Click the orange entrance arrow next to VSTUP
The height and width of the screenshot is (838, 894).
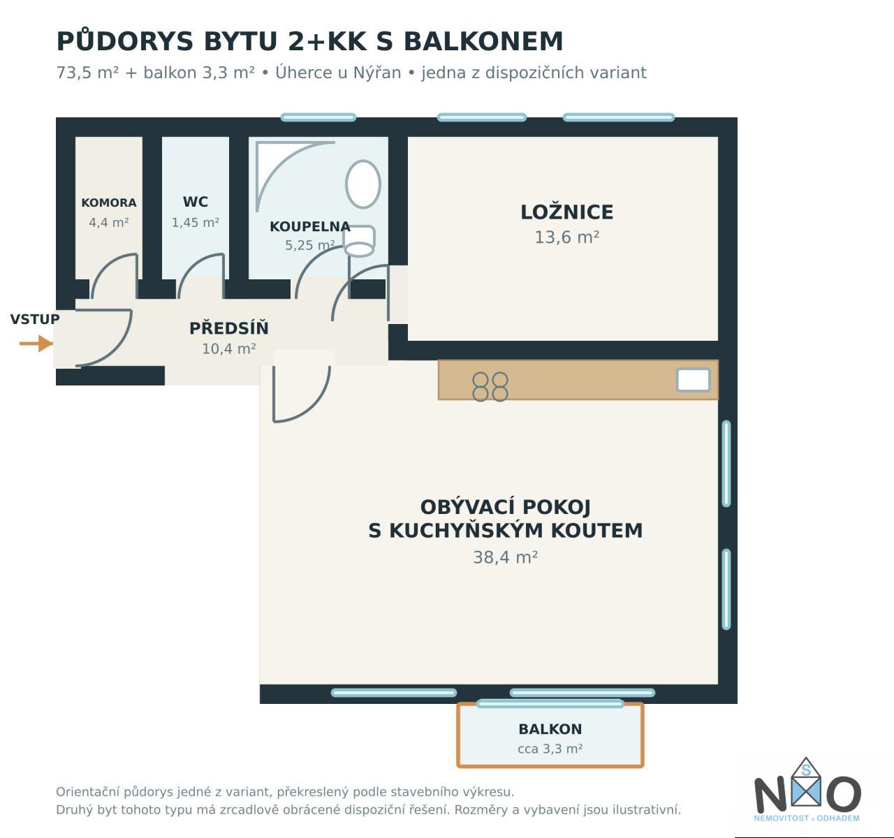click(36, 344)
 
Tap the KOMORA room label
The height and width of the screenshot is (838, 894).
click(109, 203)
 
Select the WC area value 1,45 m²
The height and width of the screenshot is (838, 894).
click(196, 223)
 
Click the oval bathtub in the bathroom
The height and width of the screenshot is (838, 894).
click(362, 184)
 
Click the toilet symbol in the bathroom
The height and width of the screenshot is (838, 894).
click(359, 241)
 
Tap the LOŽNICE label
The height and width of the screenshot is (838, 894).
click(566, 212)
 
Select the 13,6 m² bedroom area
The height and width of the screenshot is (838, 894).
click(566, 237)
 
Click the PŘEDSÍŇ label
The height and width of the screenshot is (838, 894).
click(228, 328)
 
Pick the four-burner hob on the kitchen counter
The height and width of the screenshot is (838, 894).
click(490, 387)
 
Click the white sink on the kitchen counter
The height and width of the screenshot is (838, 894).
click(694, 380)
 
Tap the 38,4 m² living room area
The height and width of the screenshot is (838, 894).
click(505, 557)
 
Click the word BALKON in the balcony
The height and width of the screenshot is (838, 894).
click(550, 729)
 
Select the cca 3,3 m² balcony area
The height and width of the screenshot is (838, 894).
click(550, 749)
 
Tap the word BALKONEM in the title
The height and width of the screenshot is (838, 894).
click(483, 41)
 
